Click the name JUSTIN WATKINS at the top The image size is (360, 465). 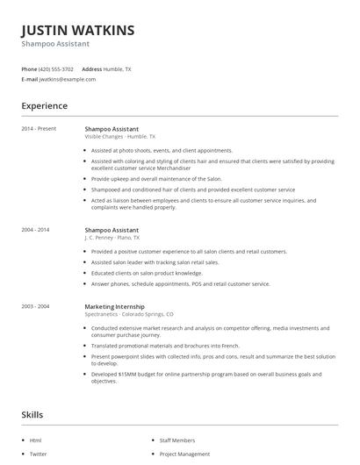tap(78, 30)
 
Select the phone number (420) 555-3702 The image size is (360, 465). tap(57, 68)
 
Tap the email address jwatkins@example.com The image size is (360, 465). tap(68, 79)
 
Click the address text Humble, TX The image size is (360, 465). tap(118, 68)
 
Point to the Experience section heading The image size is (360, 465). tap(45, 106)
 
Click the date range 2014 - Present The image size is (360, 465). tap(39, 129)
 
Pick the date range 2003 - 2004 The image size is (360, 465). tap(36, 306)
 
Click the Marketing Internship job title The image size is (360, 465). tap(115, 306)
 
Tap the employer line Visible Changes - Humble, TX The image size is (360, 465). tap(119, 137)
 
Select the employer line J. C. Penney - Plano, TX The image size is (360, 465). tap(112, 238)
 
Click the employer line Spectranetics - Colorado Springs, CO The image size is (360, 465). tap(129, 314)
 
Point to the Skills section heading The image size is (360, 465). tap(32, 414)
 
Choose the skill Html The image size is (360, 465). tap(36, 440)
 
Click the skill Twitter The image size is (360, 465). tap(39, 454)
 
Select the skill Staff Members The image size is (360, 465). tap(177, 440)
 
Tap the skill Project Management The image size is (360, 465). tap(184, 454)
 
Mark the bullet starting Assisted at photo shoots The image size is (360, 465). tap(162, 150)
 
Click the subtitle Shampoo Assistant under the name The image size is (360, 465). tap(55, 44)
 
